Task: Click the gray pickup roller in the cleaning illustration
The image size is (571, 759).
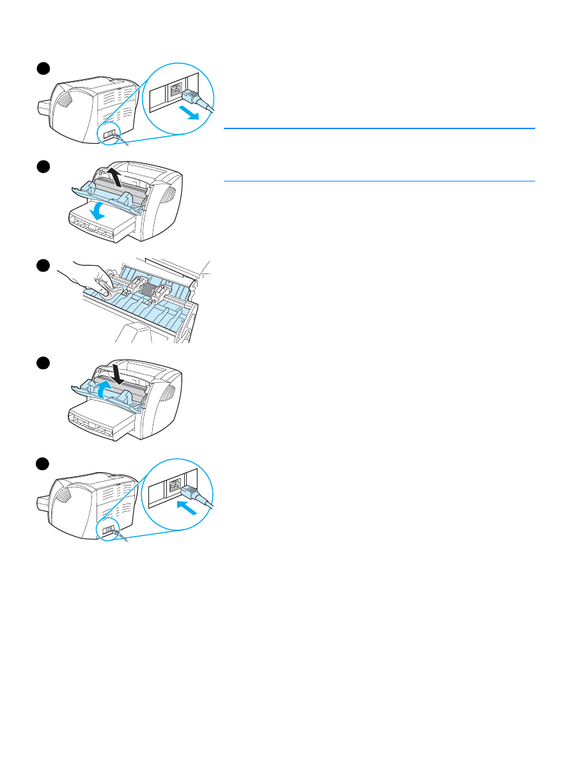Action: click(149, 291)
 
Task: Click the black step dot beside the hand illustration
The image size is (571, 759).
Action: click(42, 265)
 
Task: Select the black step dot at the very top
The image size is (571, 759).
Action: click(42, 68)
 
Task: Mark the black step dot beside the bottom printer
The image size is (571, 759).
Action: click(42, 463)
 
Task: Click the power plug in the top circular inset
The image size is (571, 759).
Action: click(194, 97)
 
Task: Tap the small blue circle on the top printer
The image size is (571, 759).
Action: click(109, 135)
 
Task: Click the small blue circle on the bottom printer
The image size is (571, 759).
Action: click(109, 530)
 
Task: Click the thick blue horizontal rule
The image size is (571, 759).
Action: click(379, 128)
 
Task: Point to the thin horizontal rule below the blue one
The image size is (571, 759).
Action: click(379, 181)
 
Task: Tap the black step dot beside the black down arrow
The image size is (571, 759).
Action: click(42, 364)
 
